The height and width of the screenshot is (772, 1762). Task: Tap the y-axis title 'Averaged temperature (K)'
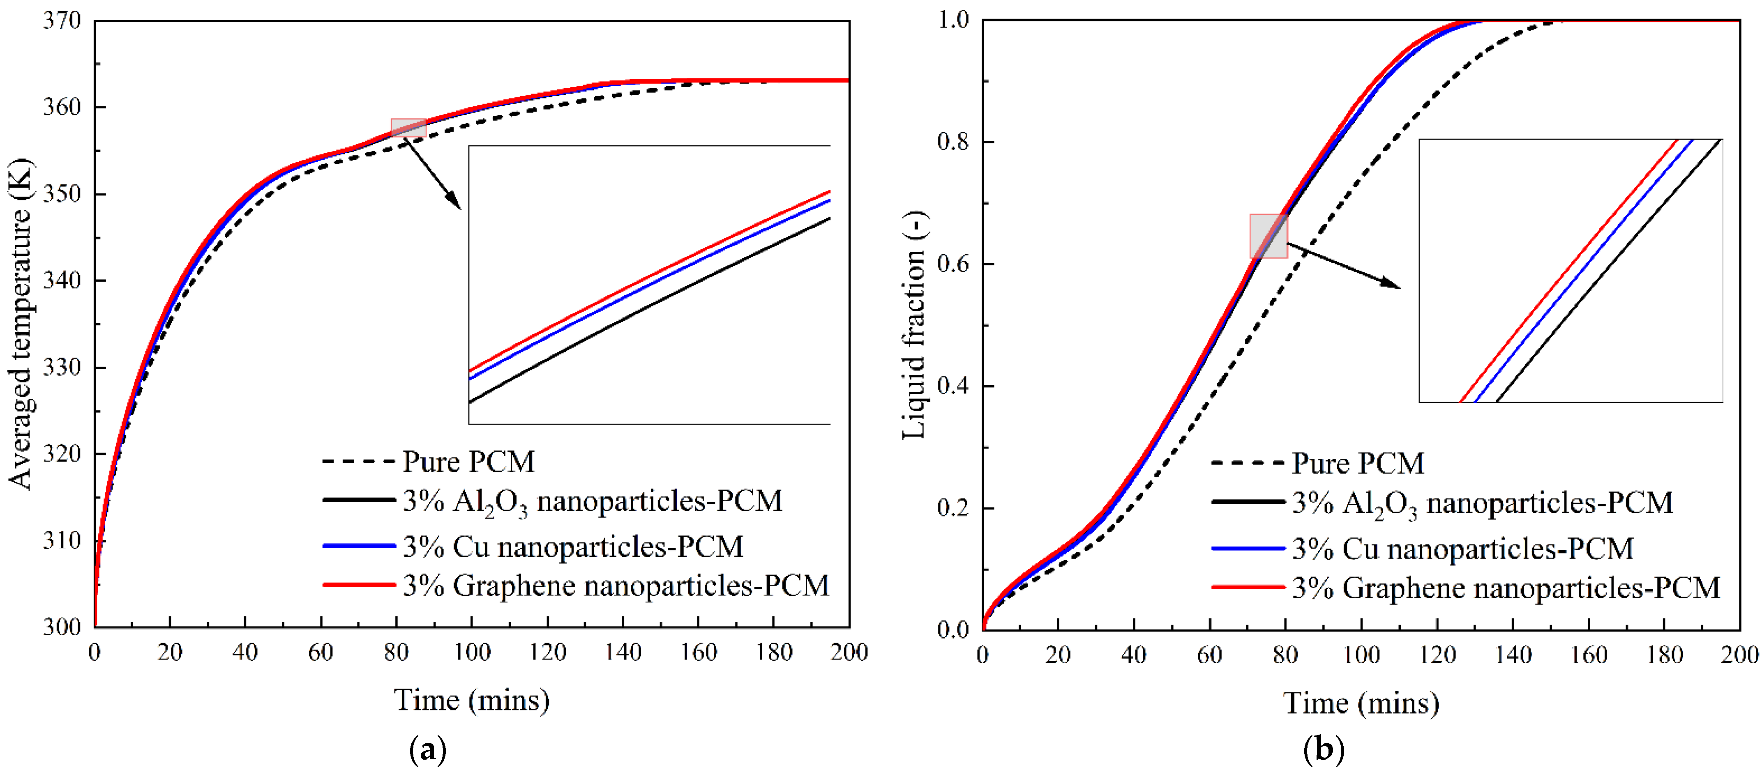pyautogui.click(x=21, y=324)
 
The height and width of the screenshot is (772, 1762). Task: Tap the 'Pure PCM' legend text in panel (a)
pyautogui.click(x=468, y=462)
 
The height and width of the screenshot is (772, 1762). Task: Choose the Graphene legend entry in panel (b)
pyautogui.click(x=1505, y=588)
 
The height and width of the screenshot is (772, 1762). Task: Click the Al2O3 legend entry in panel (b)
pyautogui.click(x=1482, y=503)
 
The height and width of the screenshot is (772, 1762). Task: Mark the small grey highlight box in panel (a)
pyautogui.click(x=408, y=128)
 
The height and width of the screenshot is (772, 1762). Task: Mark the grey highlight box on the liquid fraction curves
pyautogui.click(x=1268, y=236)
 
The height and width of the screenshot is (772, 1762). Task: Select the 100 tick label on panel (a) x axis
pyautogui.click(x=472, y=653)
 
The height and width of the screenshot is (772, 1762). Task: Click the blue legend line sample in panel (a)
pyautogui.click(x=359, y=546)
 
